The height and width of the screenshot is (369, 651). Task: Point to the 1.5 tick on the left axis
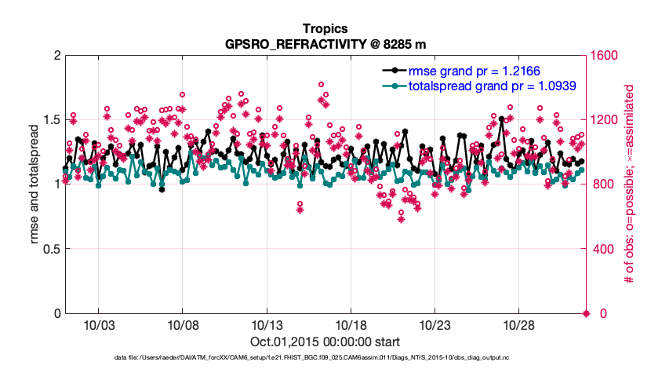pyautogui.click(x=49, y=119)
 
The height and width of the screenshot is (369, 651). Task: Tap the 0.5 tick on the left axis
pyautogui.click(x=49, y=249)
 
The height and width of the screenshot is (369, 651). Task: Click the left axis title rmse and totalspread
pyautogui.click(x=35, y=184)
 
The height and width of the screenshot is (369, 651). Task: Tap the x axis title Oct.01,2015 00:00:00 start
pyautogui.click(x=325, y=342)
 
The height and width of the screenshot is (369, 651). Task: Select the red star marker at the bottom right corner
pyautogui.click(x=586, y=314)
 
